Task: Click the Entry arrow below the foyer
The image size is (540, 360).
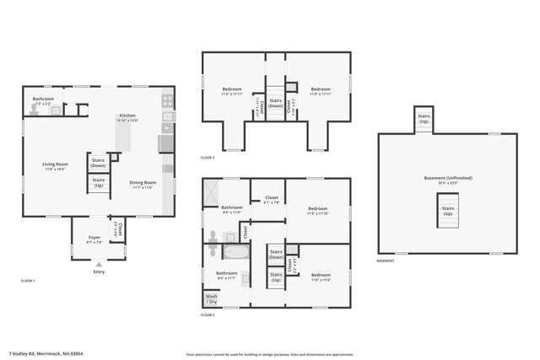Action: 99,265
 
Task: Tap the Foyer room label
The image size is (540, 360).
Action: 94,239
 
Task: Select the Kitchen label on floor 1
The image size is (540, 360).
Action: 127,116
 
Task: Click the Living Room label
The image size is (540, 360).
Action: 56,165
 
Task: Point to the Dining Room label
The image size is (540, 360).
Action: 143,184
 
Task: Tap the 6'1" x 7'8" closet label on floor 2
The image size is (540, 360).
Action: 271,201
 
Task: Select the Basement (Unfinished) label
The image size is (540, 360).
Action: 447,178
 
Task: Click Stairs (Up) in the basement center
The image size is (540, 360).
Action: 448,210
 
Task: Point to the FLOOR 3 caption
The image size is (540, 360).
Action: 208,158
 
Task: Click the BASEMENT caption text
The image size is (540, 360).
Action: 386,261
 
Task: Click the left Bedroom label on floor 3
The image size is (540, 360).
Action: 232,90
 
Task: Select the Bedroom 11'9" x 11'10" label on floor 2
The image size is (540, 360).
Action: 317,210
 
